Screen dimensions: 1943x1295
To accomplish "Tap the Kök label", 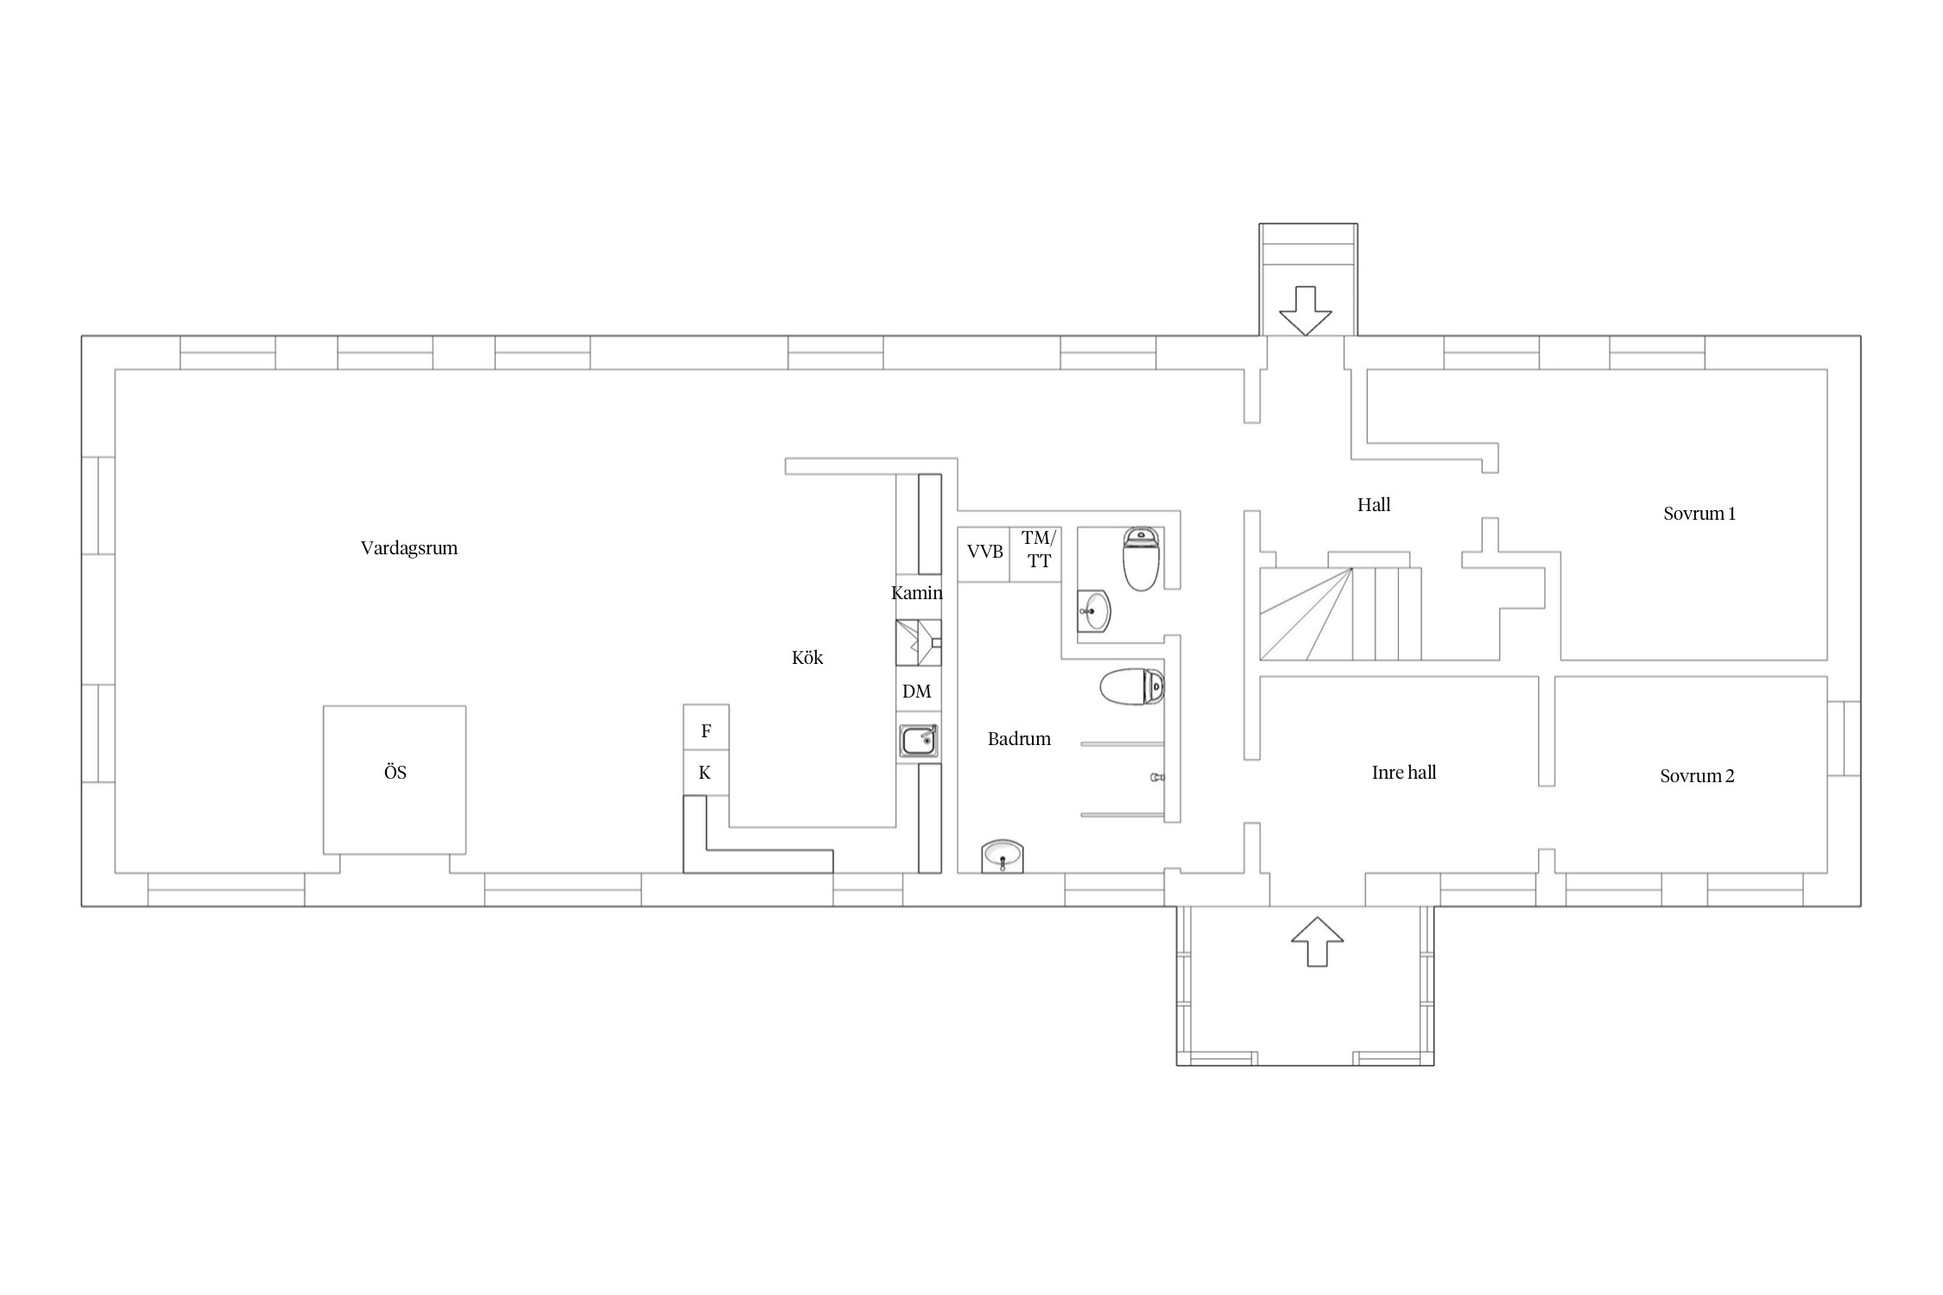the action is point(807,658).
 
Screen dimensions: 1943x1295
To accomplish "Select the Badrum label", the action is point(1019,739).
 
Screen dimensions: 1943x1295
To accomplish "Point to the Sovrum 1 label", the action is point(1699,514).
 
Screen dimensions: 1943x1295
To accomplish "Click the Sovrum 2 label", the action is point(1697,776).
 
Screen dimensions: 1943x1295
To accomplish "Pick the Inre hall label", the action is point(1404,773).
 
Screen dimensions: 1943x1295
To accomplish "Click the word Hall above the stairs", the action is point(1374,505).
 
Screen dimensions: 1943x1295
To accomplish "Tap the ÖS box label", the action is point(396,773).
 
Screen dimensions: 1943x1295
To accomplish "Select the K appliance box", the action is point(706,774).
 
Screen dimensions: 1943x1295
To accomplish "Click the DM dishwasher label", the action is point(917,692).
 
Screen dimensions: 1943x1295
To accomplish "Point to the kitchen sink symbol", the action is point(919,741).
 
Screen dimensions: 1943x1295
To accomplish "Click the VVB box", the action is point(984,554).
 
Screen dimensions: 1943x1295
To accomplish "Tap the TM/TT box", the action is point(1035,554).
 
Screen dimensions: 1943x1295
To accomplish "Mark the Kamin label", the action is point(917,593).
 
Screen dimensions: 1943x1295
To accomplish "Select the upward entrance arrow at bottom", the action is point(1318,941).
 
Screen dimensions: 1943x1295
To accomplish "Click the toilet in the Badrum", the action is point(1132,687).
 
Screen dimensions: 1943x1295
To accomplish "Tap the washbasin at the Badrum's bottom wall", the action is point(1003,856).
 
